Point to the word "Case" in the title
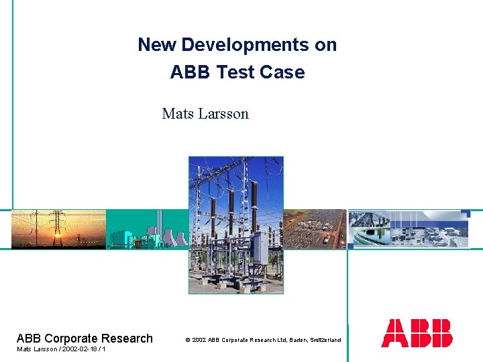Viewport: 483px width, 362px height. coord(284,72)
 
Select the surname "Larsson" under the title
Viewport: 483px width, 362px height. coord(223,114)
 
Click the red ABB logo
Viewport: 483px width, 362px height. coord(417,333)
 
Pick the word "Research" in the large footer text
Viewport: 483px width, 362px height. coord(130,339)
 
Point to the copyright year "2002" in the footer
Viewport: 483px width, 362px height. coord(199,340)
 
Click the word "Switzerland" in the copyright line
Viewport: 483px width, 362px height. coord(325,340)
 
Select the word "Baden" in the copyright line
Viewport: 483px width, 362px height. coord(298,340)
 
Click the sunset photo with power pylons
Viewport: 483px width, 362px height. coord(58,229)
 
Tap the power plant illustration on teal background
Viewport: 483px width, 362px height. coord(148,229)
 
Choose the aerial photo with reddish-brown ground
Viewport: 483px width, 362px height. coord(315,229)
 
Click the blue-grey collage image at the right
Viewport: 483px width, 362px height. coord(409,229)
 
